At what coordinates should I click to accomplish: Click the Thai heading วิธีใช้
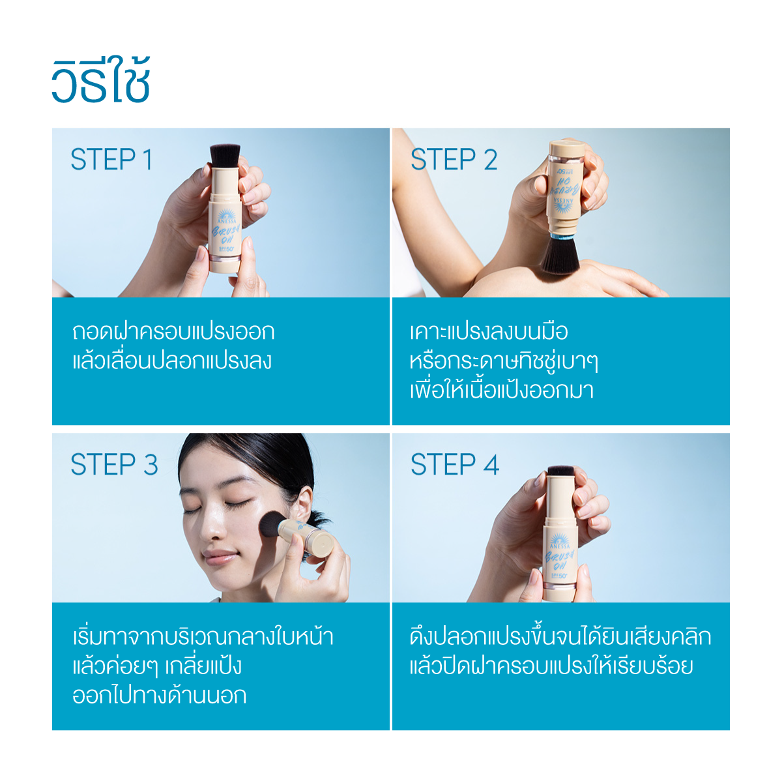point(101,80)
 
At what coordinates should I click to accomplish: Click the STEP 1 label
point(111,159)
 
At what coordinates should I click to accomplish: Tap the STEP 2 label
point(454,159)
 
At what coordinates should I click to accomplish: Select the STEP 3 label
point(114,464)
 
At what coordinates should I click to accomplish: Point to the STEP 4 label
point(455,464)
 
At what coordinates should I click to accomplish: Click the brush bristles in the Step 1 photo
point(225,155)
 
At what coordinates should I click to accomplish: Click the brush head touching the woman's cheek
point(272,528)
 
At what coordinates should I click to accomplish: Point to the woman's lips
point(220,556)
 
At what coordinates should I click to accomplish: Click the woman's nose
point(212,528)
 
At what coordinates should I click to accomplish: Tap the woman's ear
point(304,507)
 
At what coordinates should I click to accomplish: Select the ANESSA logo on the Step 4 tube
point(560,542)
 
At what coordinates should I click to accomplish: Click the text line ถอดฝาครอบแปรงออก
point(173,331)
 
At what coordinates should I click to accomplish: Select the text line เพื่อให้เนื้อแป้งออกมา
point(502,391)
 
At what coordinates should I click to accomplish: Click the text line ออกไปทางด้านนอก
point(159,695)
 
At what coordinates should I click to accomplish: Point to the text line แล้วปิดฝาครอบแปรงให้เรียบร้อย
point(551,667)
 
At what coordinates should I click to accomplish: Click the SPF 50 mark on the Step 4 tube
point(559,576)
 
